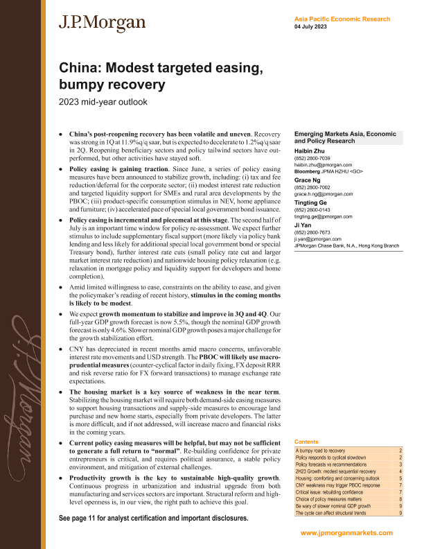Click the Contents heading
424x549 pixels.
(307, 442)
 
